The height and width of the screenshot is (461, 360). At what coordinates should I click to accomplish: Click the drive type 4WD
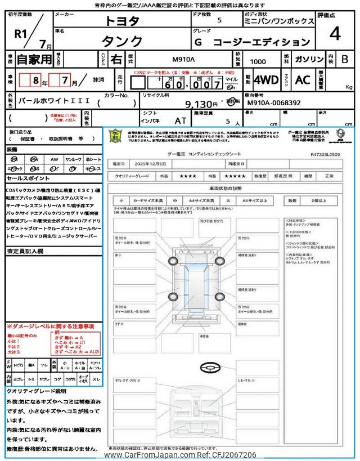point(265,79)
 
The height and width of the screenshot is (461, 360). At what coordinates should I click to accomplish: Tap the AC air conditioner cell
point(303,79)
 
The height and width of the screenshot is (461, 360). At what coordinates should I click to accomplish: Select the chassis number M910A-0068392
point(273,104)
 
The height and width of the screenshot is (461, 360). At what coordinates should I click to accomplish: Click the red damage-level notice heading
point(50,326)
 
